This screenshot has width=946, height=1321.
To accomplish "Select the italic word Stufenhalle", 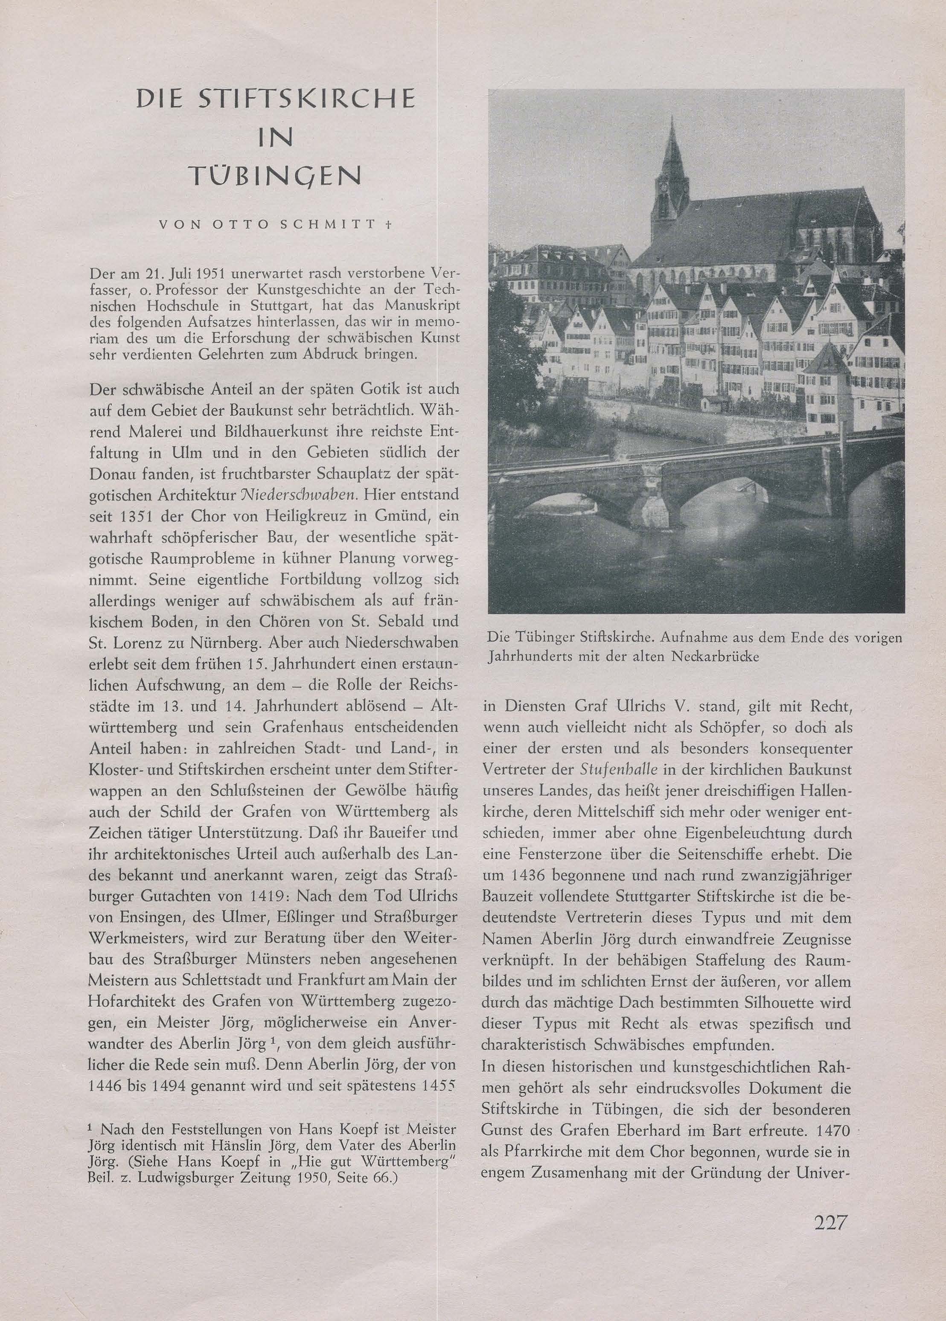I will tap(620, 769).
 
